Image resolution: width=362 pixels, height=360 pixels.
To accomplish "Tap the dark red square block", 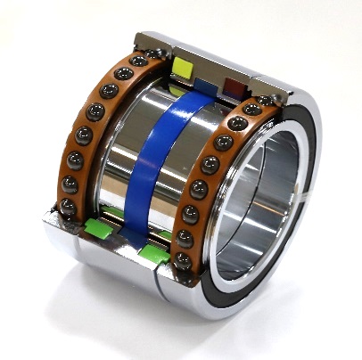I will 234,86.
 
